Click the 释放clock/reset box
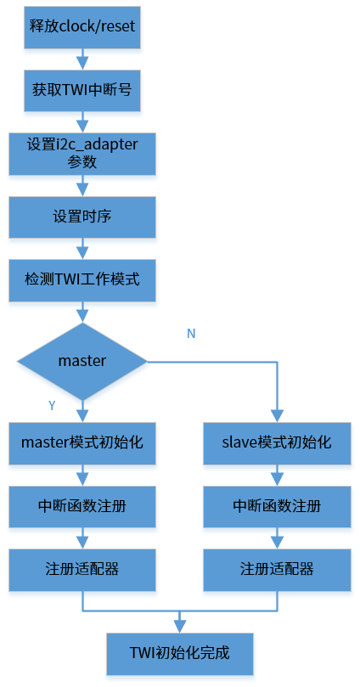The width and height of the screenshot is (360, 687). [x=82, y=26]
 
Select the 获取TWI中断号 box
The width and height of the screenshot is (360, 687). [x=82, y=87]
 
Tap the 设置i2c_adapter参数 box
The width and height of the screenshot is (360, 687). [x=82, y=153]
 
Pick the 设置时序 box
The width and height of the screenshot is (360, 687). [x=82, y=217]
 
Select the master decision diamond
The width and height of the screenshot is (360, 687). [x=82, y=362]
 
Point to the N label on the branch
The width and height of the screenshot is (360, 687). [x=191, y=334]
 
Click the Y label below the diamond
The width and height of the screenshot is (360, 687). [x=52, y=406]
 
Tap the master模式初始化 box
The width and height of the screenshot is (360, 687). [x=82, y=442]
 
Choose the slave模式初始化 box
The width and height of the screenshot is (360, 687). [x=277, y=442]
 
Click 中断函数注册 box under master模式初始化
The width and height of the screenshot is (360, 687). [x=82, y=507]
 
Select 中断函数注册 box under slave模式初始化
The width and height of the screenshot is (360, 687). [x=277, y=507]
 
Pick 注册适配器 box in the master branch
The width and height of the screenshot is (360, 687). [x=82, y=570]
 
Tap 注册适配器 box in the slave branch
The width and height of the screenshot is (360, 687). [x=277, y=570]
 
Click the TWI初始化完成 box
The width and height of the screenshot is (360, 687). [x=180, y=654]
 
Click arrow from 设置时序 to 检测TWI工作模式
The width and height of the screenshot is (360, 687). [x=82, y=249]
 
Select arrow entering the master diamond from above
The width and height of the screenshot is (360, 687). [x=82, y=312]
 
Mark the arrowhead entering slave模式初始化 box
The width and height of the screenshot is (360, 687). [x=277, y=416]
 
